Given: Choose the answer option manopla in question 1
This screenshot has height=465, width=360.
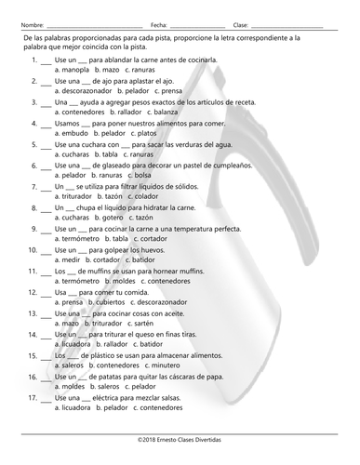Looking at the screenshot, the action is point(76,70).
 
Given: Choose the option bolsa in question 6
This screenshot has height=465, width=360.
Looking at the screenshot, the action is point(142,176).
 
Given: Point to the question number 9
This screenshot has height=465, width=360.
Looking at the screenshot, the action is point(33,229).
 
